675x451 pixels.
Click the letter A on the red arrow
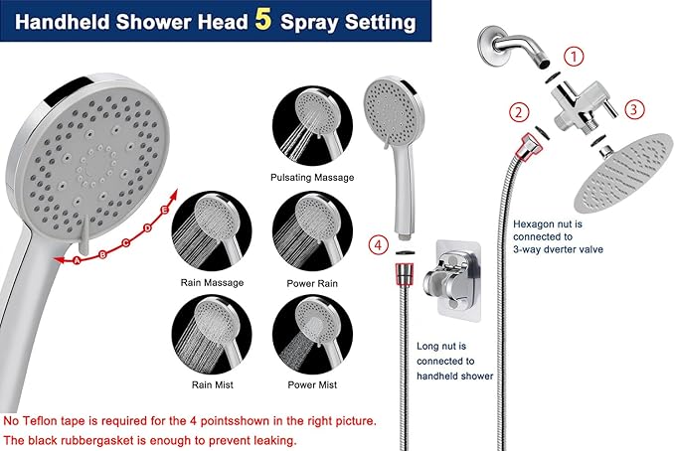(78, 261)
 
